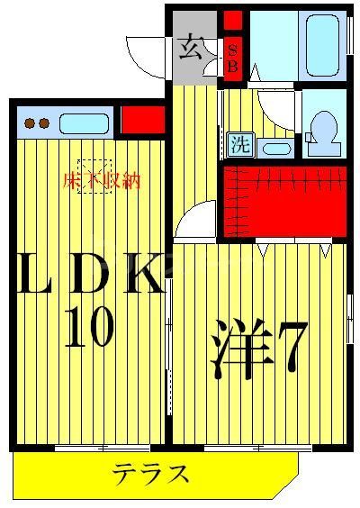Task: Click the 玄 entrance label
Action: click(192, 46)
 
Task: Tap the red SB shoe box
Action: click(232, 60)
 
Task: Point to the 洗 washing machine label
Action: click(239, 144)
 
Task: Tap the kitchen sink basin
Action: click(85, 122)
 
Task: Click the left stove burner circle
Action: click(30, 123)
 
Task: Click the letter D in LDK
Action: click(90, 278)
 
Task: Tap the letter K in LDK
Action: click(141, 278)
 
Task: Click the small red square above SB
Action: click(232, 20)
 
